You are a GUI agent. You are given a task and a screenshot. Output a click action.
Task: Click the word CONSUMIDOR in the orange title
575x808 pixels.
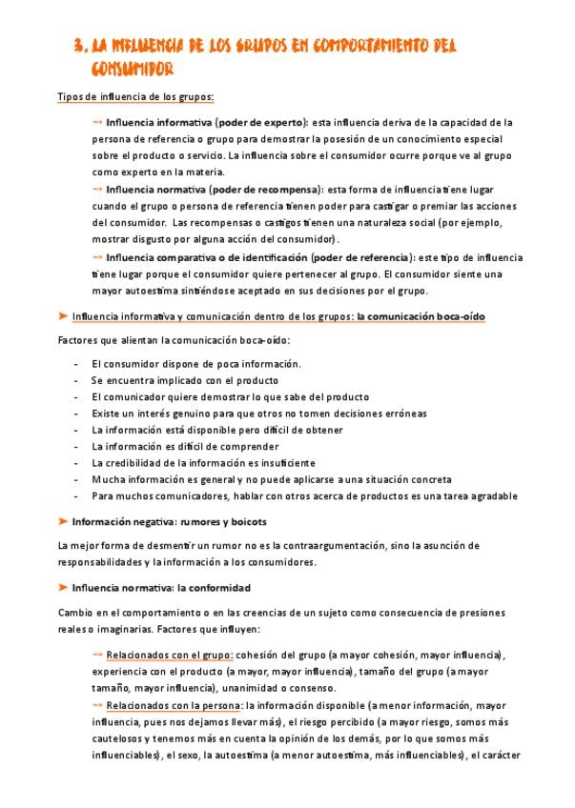point(133,70)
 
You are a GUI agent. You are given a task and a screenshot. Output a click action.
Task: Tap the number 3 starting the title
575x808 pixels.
point(79,46)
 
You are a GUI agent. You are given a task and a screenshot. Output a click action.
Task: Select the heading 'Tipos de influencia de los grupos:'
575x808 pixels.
point(135,97)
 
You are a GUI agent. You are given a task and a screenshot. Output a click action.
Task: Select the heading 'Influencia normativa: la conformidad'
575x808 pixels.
point(161,588)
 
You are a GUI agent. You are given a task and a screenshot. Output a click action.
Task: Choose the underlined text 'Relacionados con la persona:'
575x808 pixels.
point(175,705)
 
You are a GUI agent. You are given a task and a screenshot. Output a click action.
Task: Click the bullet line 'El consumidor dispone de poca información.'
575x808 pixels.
point(196,364)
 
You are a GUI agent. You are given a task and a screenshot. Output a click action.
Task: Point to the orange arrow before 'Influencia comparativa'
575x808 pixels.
point(98,257)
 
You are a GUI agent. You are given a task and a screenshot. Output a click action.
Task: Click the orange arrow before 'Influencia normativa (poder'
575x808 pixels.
point(98,190)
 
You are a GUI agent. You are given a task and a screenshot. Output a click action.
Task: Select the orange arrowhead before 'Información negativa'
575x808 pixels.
point(63,522)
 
